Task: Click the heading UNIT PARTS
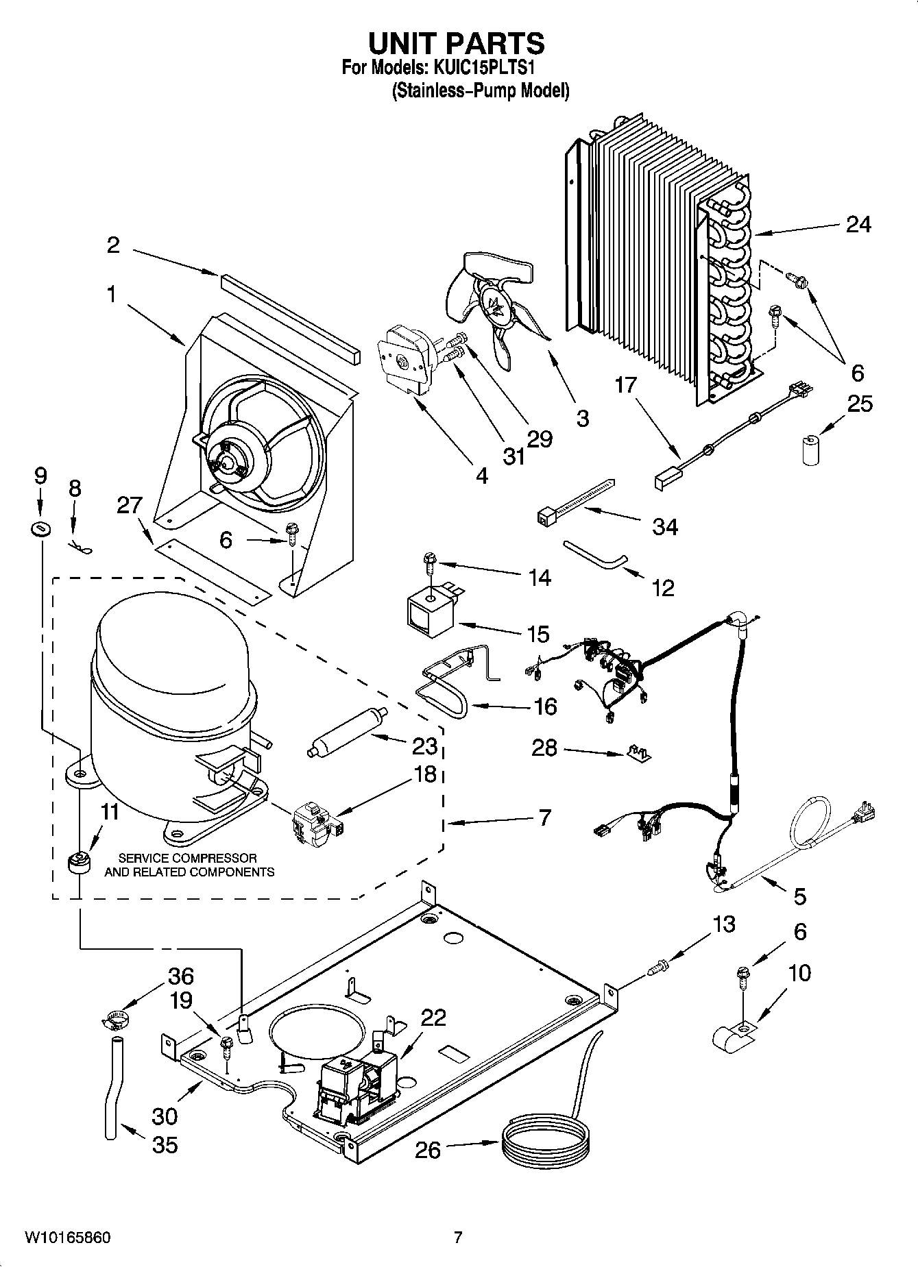coord(457,43)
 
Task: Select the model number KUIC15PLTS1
coord(483,69)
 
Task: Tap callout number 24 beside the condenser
coord(858,224)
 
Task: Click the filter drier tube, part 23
coord(348,732)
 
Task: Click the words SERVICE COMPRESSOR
coord(188,858)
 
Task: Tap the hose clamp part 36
coord(117,1020)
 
